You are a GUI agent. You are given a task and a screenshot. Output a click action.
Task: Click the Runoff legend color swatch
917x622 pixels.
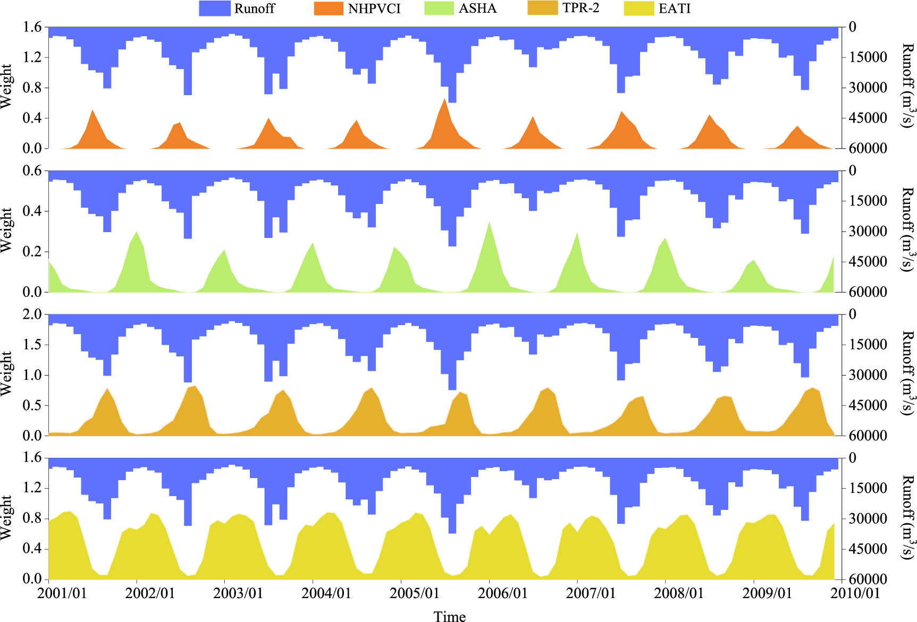215,8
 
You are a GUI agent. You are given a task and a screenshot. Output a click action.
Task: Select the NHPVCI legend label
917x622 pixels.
374,8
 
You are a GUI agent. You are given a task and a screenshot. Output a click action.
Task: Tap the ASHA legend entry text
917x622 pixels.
477,8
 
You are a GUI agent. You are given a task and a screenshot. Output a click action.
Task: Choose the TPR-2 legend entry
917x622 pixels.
581,8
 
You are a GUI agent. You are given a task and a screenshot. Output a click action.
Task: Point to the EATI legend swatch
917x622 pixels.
638,8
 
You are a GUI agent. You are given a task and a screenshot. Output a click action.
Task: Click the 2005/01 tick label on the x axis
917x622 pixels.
415,593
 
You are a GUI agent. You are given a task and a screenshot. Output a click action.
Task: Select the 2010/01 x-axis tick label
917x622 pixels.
855,593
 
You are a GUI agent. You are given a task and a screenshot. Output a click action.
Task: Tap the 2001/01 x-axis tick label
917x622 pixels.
62,593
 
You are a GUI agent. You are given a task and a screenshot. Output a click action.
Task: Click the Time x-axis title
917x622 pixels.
450,616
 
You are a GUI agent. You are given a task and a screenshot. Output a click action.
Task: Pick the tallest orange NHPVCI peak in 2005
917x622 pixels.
444,99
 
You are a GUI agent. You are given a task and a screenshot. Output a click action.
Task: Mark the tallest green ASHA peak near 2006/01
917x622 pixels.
489,223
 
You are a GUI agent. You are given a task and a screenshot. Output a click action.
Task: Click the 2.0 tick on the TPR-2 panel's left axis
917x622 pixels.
32,314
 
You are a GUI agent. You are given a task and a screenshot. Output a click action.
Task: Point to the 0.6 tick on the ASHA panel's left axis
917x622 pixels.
32,171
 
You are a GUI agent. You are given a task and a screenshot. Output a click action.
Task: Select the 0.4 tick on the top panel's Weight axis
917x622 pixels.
32,118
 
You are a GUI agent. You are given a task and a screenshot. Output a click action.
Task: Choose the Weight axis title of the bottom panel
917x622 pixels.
6,518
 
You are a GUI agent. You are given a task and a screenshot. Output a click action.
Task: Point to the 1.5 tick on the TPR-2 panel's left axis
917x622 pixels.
32,345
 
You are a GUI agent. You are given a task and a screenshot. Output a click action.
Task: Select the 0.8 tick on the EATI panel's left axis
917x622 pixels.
32,518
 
